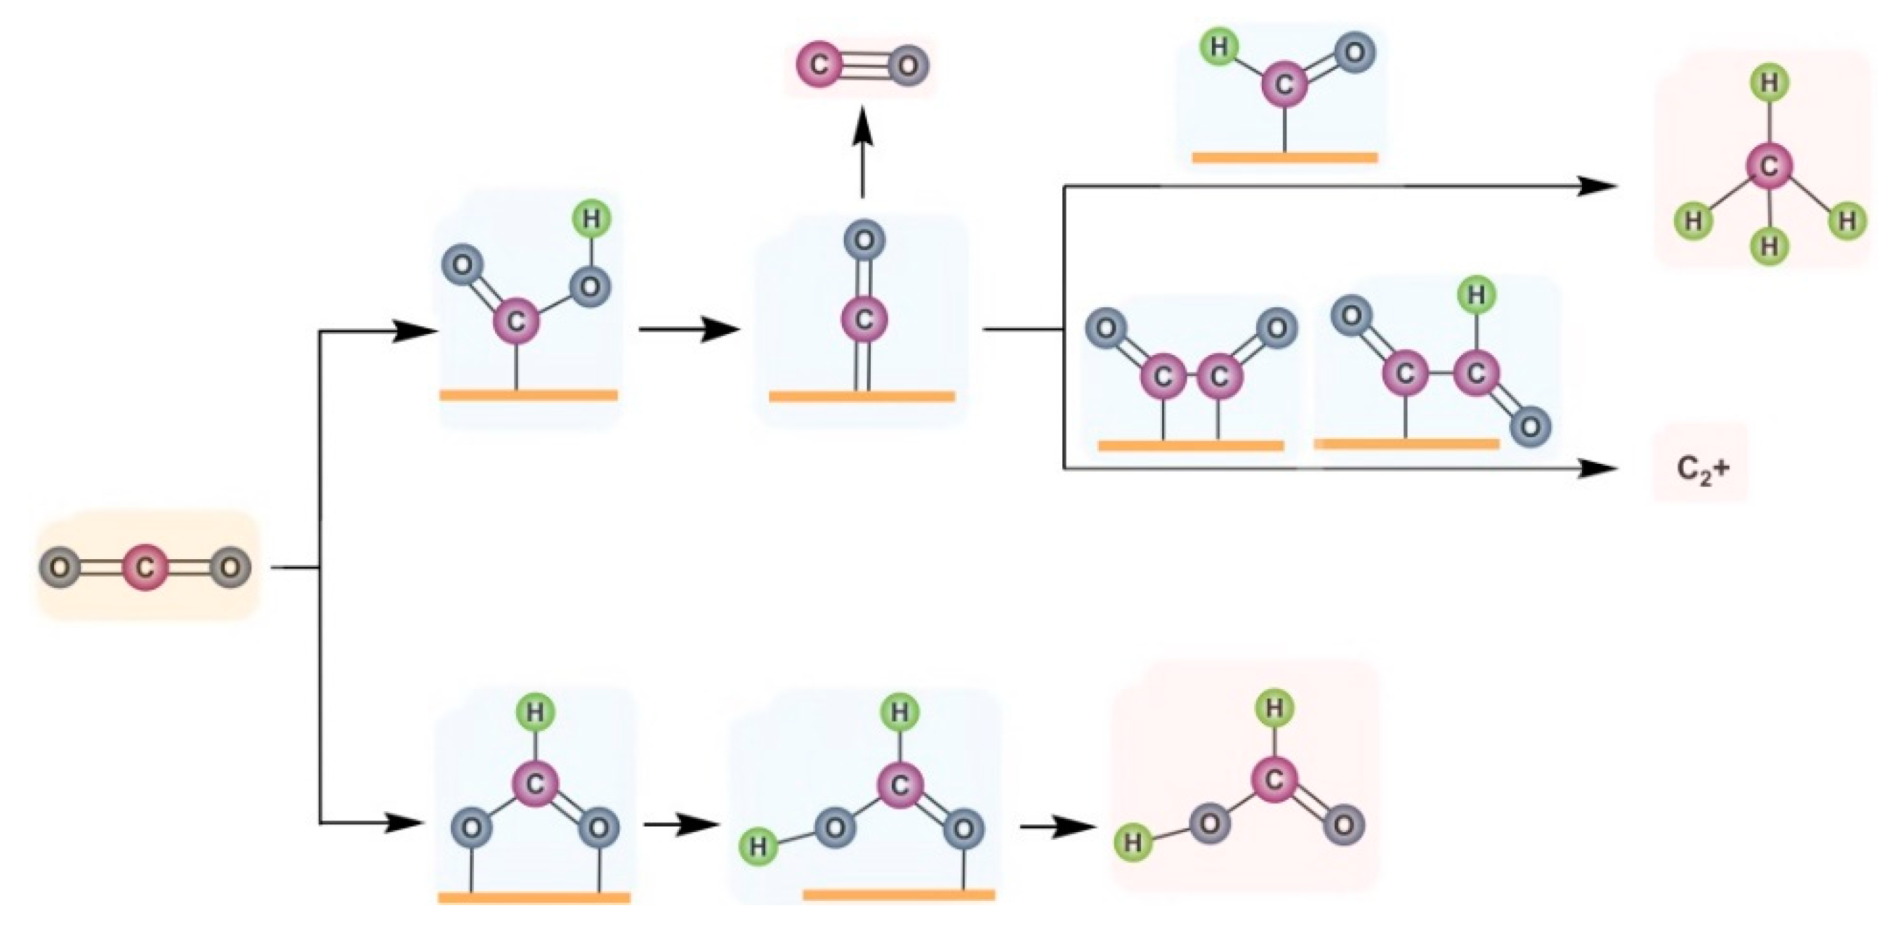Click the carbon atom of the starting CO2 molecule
[x=145, y=568]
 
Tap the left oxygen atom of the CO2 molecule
[x=61, y=568]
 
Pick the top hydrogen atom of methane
[x=1769, y=83]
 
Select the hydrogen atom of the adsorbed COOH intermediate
[x=591, y=218]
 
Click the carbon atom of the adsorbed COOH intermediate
[x=515, y=321]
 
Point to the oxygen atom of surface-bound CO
[x=864, y=240]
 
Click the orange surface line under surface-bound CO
[x=862, y=396]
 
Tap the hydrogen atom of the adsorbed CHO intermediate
[x=1220, y=47]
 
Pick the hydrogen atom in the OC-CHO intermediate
[x=1476, y=295]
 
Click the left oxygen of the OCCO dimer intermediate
[x=1106, y=328]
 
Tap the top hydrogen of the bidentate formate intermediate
[x=535, y=713]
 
